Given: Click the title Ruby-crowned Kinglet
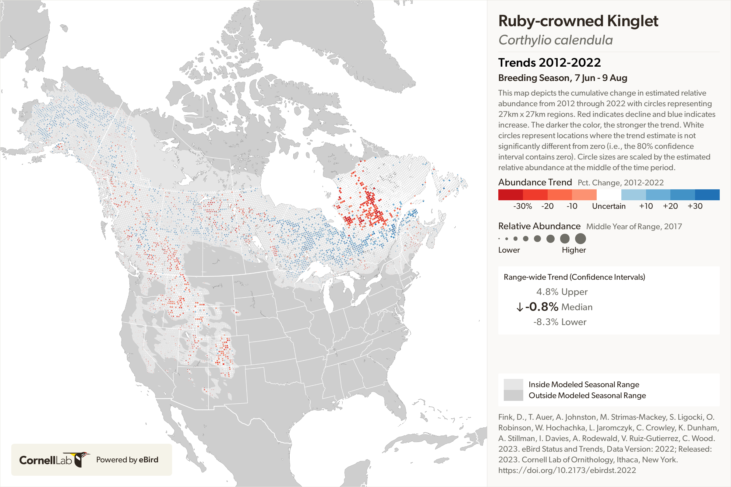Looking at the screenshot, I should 578,21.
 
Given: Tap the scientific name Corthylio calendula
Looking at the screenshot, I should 555,40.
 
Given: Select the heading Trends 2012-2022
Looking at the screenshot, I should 549,63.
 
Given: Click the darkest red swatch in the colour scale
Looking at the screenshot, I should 510,195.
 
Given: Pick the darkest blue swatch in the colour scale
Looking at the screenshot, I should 707,195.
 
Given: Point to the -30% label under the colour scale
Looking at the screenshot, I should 522,206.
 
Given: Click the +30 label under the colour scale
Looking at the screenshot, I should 695,206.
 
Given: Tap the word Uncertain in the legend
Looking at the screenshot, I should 609,206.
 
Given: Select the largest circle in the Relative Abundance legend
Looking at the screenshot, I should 580,239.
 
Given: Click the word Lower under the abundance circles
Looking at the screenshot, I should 509,250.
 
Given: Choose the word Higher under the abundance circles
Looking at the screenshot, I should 574,250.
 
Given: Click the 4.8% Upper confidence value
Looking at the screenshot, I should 562,292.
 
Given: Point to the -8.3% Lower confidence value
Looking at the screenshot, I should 560,322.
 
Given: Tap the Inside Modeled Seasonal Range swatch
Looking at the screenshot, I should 513,384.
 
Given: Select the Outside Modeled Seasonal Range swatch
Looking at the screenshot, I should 513,395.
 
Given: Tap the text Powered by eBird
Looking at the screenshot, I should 127,460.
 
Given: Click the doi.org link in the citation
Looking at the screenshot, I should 567,470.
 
